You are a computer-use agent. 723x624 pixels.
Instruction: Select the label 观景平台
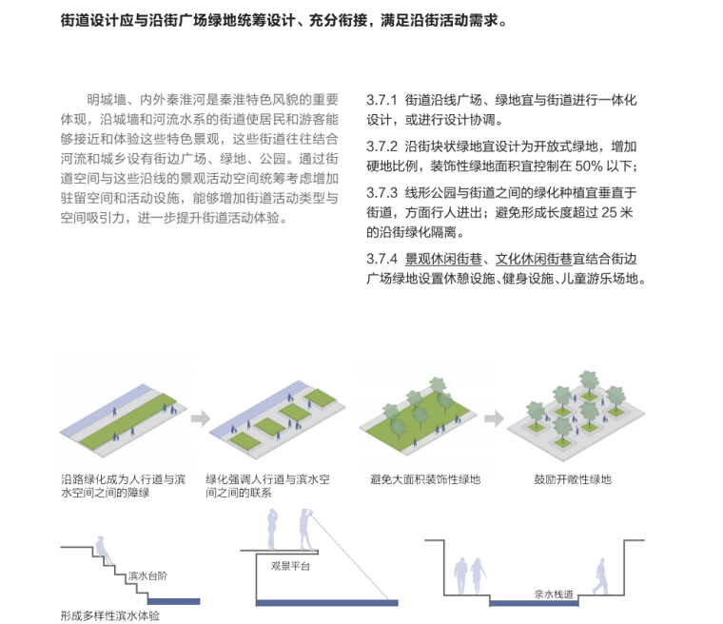[291, 567]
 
